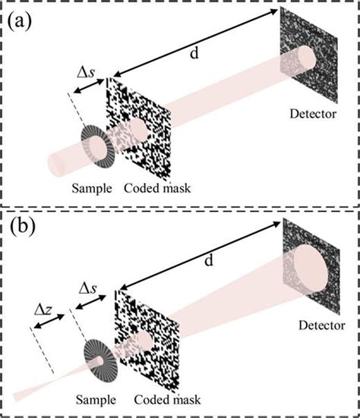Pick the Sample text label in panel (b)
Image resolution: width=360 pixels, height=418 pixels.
98,398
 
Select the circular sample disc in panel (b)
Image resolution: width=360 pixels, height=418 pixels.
99,357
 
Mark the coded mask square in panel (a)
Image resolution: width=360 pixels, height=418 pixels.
142,129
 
